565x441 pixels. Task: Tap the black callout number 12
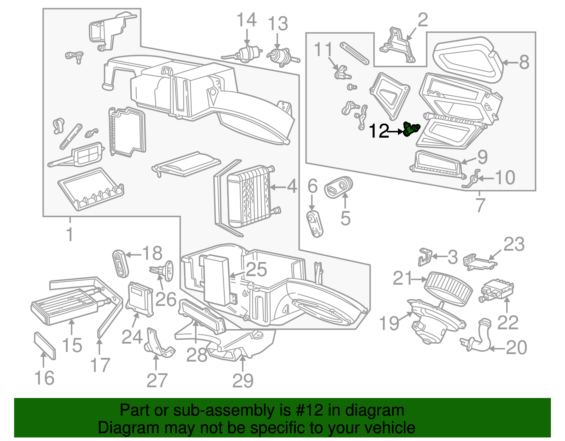(x=379, y=132)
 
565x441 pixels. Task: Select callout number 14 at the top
(x=246, y=20)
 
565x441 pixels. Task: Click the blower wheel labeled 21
(x=449, y=288)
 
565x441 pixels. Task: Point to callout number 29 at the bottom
(x=243, y=380)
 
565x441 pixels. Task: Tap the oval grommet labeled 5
(x=339, y=187)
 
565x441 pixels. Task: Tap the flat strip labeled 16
(x=45, y=345)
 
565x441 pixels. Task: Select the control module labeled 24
(x=140, y=299)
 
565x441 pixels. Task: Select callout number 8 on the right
(x=524, y=62)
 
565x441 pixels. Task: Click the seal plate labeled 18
(x=120, y=264)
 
